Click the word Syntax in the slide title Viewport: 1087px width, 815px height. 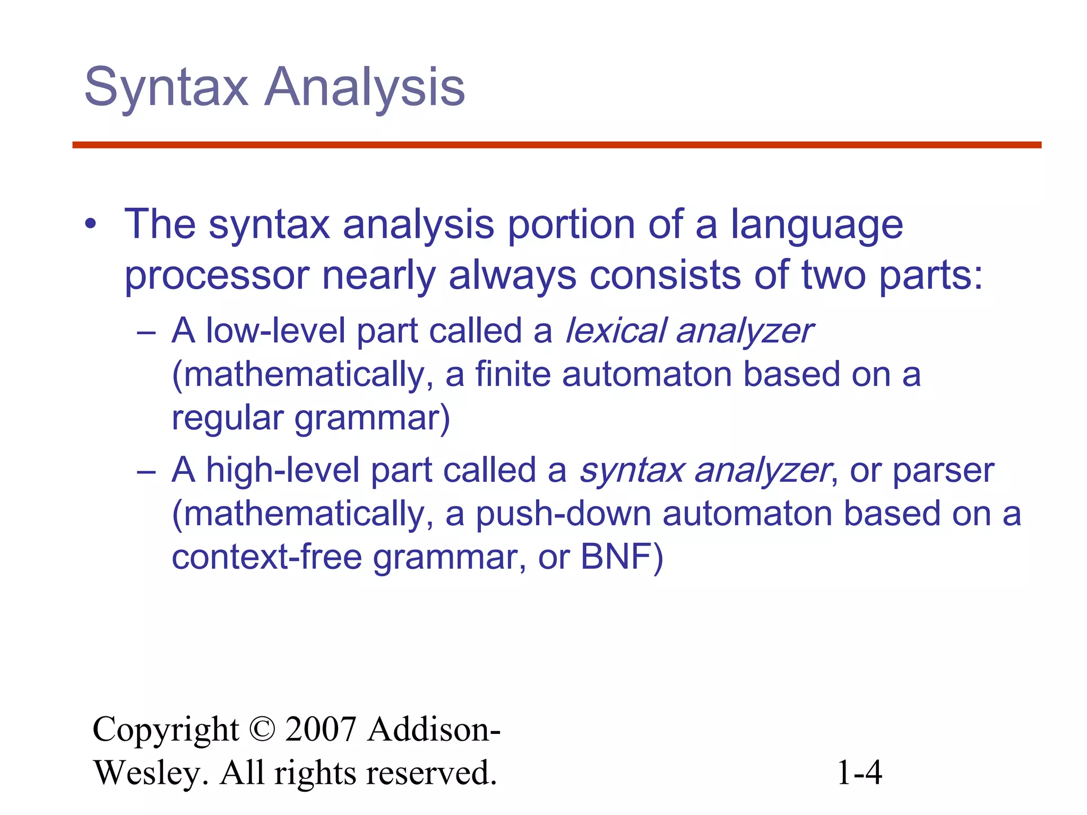tap(166, 88)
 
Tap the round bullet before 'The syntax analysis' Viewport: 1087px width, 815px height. tap(91, 224)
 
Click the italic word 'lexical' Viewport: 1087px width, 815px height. tap(615, 331)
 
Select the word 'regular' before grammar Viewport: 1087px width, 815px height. tap(227, 419)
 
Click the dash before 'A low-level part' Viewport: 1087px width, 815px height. tap(146, 333)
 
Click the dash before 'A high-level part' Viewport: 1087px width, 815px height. tap(146, 472)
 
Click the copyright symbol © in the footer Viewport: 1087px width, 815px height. tap(262, 730)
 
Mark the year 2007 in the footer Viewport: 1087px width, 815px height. tap(321, 730)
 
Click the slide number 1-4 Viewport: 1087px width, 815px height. tap(859, 773)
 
